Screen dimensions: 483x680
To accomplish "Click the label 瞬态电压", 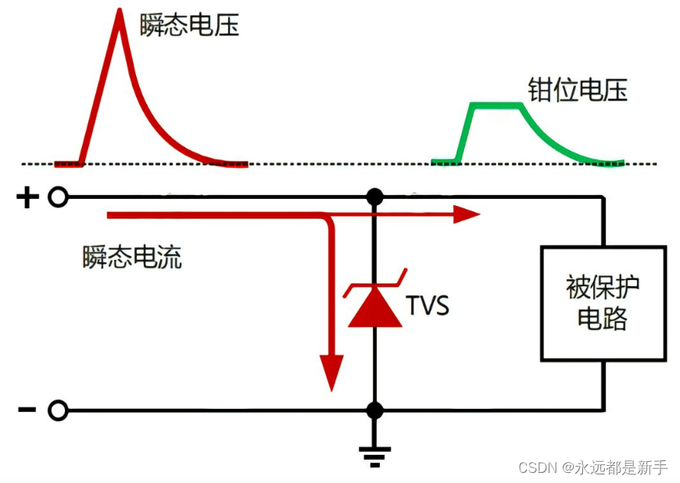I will (189, 25).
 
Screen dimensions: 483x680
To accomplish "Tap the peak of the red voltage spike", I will (120, 14).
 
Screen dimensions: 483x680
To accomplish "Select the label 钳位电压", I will (577, 91).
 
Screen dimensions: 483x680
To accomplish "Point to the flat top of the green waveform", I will (496, 105).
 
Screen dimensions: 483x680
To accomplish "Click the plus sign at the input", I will (27, 197).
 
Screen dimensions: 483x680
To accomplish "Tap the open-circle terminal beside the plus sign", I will (58, 197).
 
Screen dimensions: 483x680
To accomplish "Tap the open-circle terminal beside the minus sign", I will (58, 410).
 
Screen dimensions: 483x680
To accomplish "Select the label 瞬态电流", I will (132, 257).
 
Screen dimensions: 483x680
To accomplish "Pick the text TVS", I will (428, 305).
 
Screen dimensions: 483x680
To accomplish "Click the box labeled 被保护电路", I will (603, 303).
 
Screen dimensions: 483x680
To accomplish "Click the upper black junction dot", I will (374, 197).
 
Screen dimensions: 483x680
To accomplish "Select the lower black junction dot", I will (374, 410).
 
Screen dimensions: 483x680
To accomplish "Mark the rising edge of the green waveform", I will (465, 133).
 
